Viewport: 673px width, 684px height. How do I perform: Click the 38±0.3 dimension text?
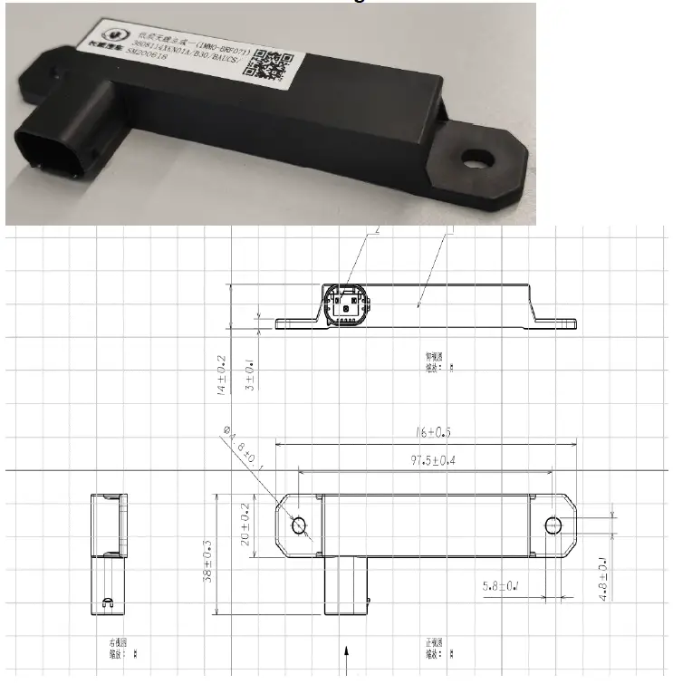click(209, 561)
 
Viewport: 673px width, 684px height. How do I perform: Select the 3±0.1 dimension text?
click(250, 375)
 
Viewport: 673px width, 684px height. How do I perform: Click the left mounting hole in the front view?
click(298, 525)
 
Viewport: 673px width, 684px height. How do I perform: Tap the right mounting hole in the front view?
click(554, 525)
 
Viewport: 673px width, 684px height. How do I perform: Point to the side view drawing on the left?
click(108, 553)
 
